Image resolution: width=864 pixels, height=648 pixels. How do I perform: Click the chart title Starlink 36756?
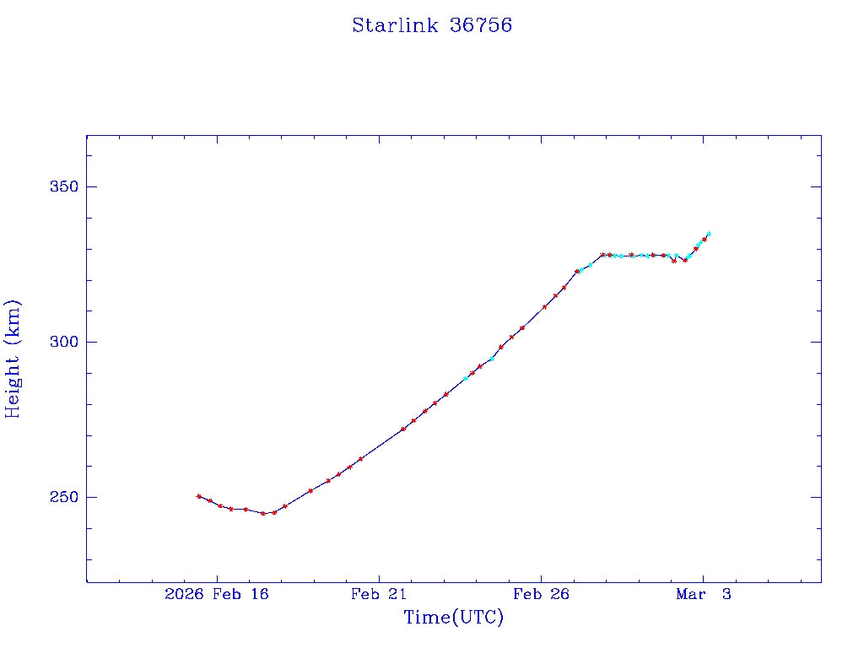pos(432,25)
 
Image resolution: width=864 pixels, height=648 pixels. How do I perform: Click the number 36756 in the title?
pos(481,25)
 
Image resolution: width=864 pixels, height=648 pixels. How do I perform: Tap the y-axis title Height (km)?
pos(13,359)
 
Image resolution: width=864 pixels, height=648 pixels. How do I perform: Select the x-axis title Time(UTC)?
pos(453,618)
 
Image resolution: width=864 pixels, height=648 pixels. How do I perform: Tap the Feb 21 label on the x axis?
pos(379,595)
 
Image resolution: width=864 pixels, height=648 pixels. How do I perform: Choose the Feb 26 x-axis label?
pos(541,595)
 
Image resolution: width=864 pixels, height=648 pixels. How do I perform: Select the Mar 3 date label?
pos(703,595)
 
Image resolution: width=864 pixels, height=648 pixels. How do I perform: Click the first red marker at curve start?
pos(198,496)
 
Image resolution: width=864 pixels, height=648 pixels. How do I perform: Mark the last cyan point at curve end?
pos(709,233)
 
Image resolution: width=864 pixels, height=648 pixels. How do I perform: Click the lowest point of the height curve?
pos(263,513)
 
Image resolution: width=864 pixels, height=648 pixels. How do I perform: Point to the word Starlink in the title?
pos(395,25)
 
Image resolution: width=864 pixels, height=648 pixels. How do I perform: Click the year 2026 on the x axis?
pos(183,595)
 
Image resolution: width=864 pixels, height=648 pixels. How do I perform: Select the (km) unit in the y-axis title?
pos(13,318)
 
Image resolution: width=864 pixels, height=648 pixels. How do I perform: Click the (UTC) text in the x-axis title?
pos(478,618)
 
